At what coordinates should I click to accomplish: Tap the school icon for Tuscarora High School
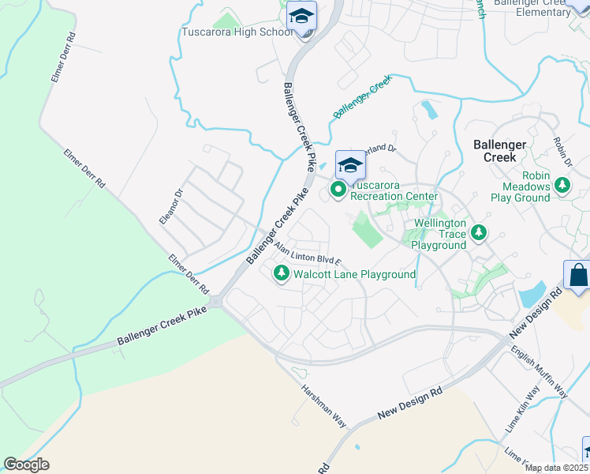(x=301, y=17)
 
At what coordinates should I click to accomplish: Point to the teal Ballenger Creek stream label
(x=362, y=97)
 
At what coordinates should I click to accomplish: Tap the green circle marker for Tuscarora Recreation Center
(x=338, y=190)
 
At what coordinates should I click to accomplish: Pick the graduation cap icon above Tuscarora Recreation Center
(x=350, y=165)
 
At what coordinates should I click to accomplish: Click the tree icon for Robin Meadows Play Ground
(x=562, y=186)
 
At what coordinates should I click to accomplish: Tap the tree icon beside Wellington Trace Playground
(x=479, y=233)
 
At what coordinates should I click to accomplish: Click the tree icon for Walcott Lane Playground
(x=281, y=274)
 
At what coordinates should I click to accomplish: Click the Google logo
(x=26, y=465)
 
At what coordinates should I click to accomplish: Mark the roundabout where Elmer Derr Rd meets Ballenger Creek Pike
(x=216, y=302)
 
